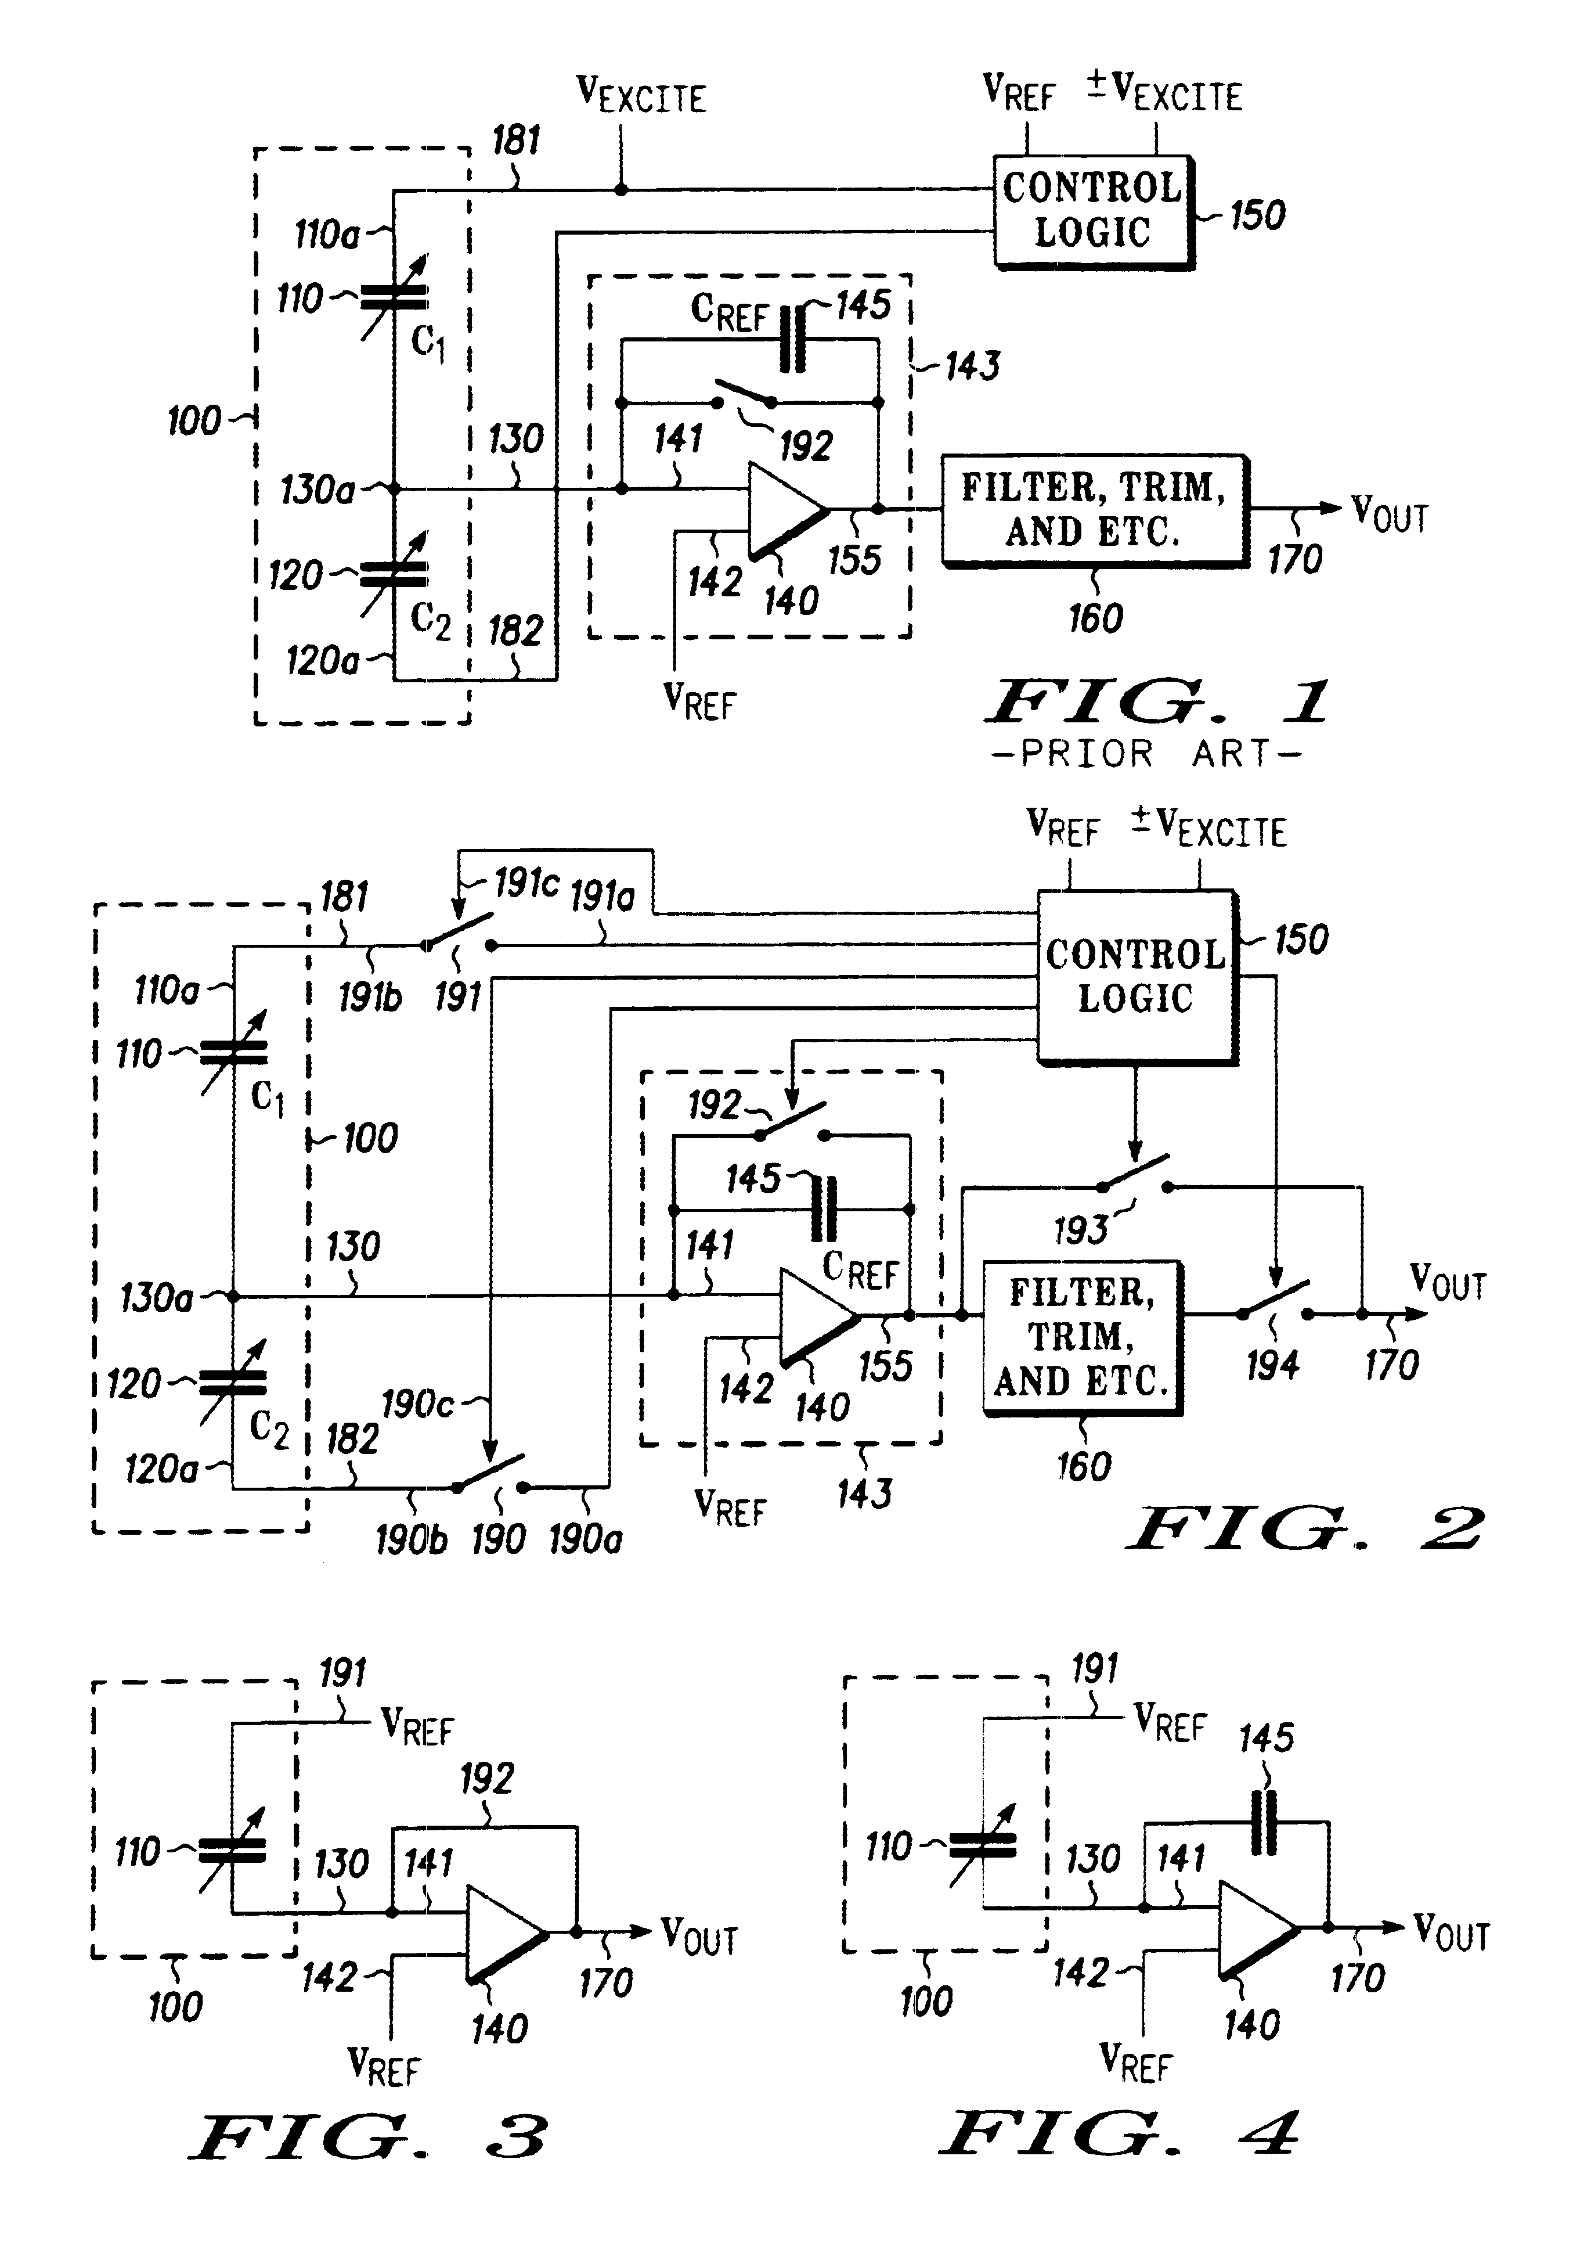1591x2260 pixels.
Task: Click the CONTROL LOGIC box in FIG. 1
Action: click(x=1092, y=211)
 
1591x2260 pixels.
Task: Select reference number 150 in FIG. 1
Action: click(x=1257, y=215)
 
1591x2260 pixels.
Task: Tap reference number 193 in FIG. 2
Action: click(x=1080, y=1229)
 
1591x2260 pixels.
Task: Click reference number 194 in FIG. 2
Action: click(x=1272, y=1364)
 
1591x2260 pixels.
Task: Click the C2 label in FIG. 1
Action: click(x=430, y=620)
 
